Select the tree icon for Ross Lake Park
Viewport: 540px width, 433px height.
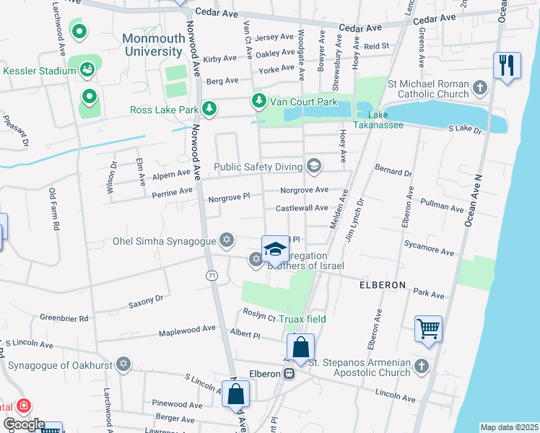[209, 109]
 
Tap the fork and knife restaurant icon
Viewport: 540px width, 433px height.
[507, 65]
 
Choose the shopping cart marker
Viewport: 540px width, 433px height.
[428, 328]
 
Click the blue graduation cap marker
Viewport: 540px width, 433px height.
[274, 250]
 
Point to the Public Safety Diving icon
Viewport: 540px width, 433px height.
[313, 167]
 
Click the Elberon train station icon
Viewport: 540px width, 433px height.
[289, 374]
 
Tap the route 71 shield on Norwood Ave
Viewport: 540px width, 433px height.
[212, 275]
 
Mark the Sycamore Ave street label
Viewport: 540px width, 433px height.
[429, 248]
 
